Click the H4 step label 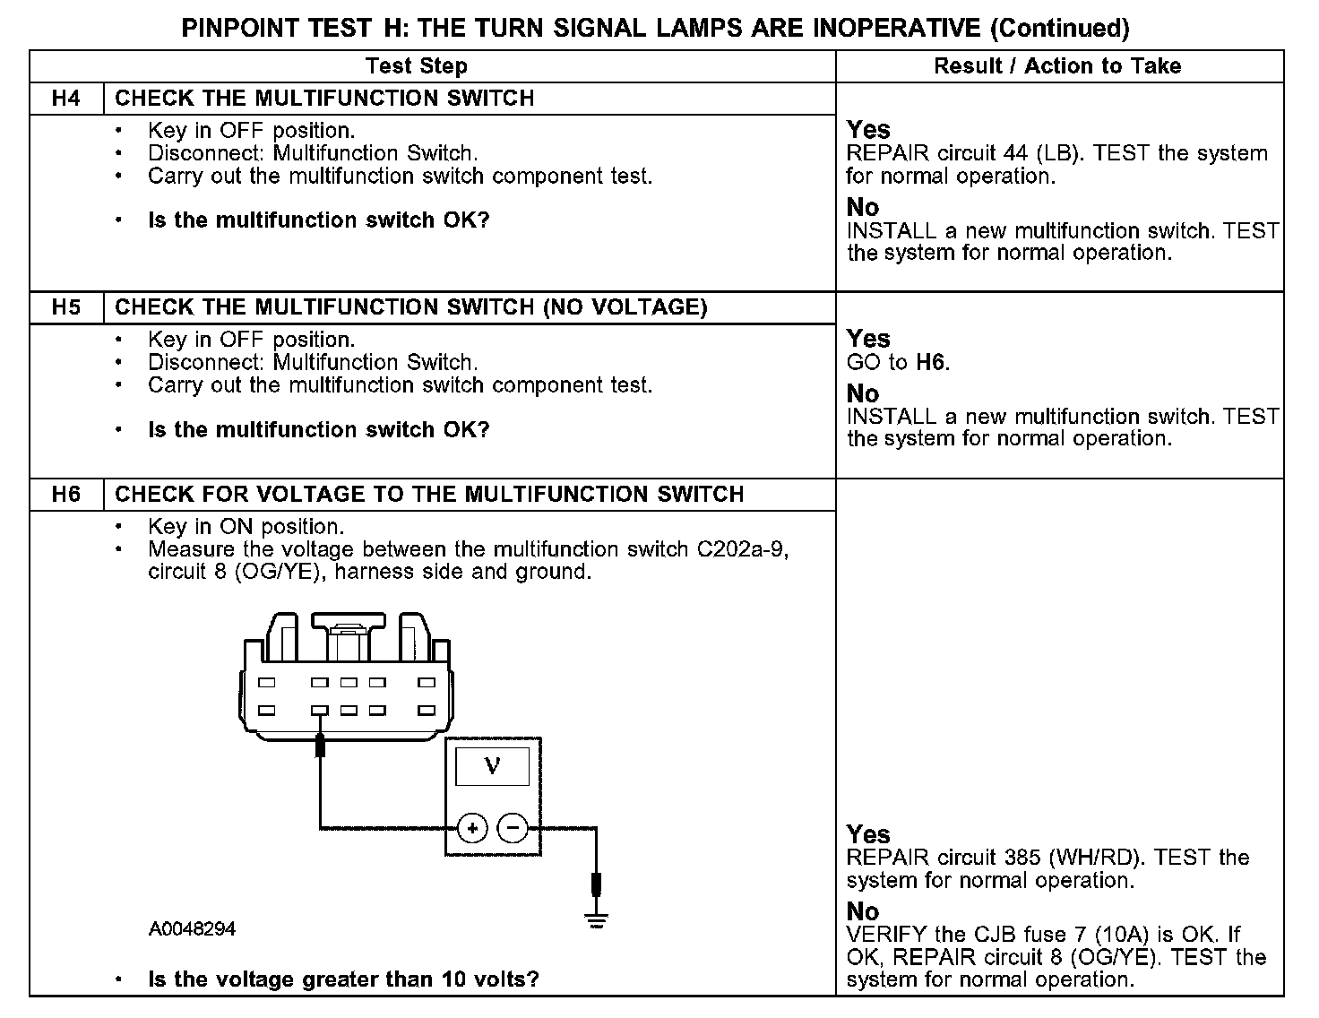pos(66,99)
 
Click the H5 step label pos(66,307)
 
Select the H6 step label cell pos(66,495)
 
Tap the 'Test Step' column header pos(417,66)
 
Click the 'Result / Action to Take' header pos(1057,66)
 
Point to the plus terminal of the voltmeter pos(472,829)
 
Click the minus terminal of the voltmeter pos(513,829)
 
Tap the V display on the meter pos(492,766)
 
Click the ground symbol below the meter pos(596,918)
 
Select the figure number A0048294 pos(192,929)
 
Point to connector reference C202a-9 pos(742,549)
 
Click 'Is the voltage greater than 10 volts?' pos(343,979)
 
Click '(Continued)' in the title pos(1059,29)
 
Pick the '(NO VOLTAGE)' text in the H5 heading pos(625,307)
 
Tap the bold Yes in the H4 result pos(868,130)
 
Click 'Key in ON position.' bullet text pos(246,527)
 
